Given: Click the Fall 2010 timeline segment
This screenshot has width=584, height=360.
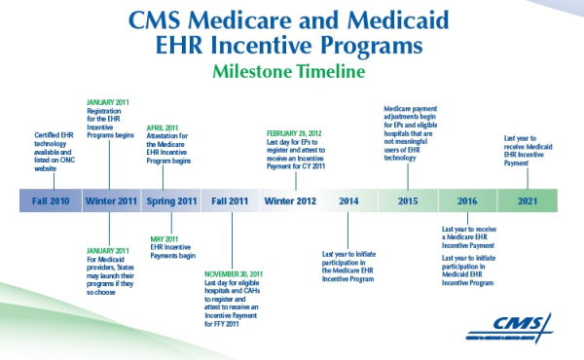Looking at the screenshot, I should [x=50, y=200].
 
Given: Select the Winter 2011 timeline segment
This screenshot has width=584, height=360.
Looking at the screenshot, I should [x=111, y=200].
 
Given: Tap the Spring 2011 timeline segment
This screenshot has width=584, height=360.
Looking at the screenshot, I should [x=171, y=200].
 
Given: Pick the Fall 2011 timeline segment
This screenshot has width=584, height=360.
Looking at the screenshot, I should [x=231, y=200].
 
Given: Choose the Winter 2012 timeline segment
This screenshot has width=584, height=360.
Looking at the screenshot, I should [x=290, y=200].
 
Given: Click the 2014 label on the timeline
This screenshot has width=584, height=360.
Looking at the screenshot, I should [x=349, y=200].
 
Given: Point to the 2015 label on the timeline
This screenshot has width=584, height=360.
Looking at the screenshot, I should [x=407, y=200].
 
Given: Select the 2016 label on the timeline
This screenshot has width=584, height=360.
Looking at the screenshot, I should [x=467, y=200].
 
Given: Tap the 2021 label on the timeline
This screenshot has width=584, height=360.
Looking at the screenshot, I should [x=527, y=200].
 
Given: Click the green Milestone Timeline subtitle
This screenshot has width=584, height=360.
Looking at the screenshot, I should [x=293, y=73].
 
